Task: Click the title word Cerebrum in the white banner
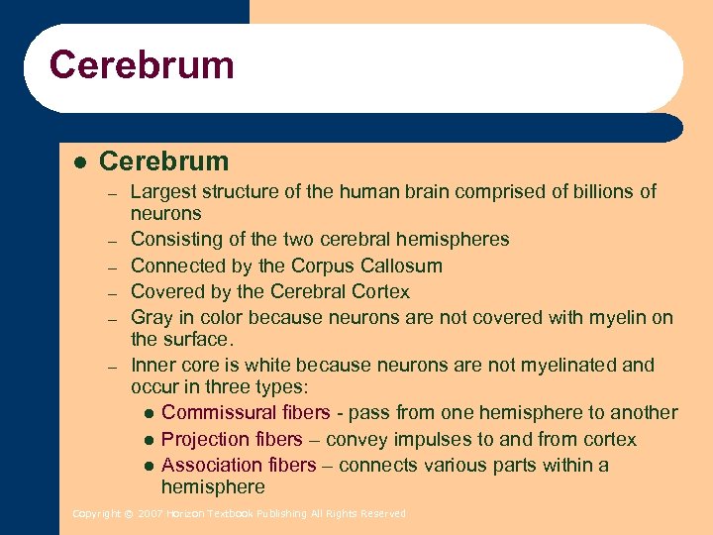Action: point(142,65)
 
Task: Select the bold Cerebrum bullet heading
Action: point(164,160)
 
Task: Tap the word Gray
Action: point(152,317)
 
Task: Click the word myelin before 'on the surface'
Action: point(619,317)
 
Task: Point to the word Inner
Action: point(153,365)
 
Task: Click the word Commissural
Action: point(219,412)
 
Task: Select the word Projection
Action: point(204,439)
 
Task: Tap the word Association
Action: point(211,465)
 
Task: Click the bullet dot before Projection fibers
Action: point(148,440)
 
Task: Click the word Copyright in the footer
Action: point(95,513)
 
